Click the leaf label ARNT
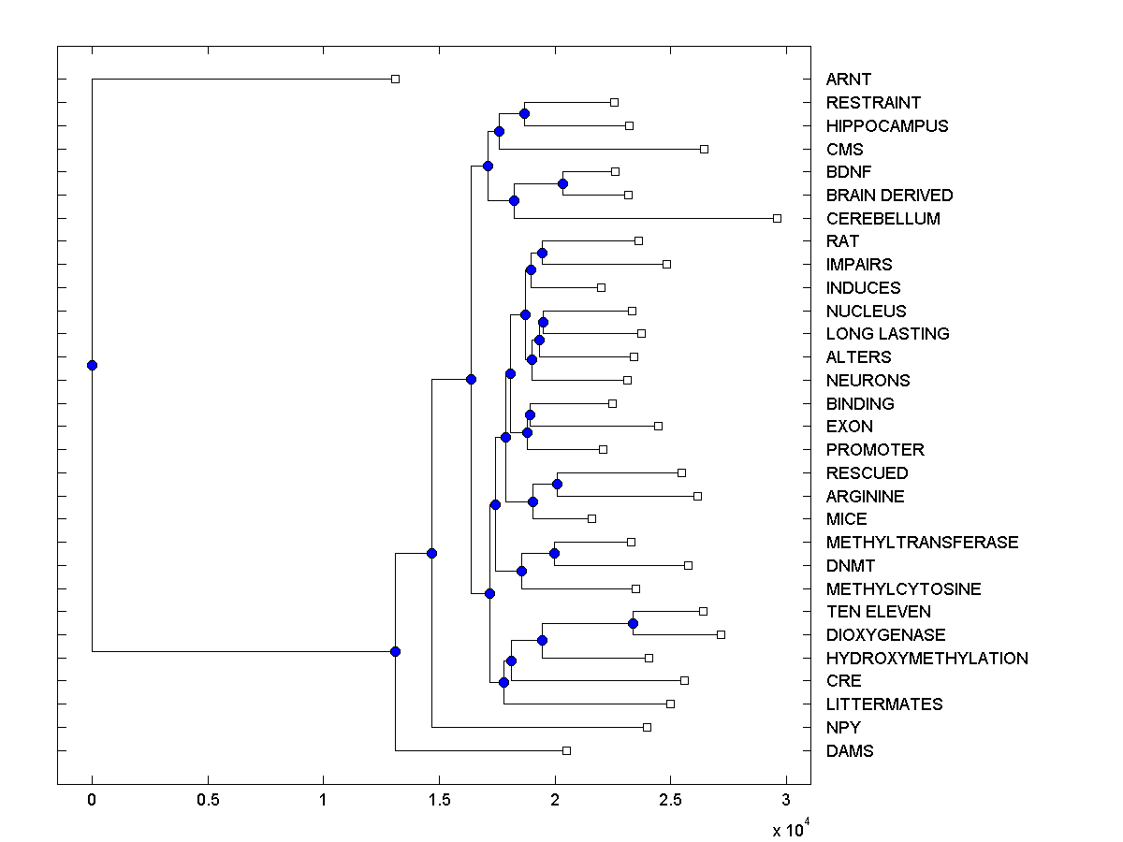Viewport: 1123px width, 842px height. click(x=848, y=80)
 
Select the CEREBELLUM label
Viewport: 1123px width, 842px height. click(x=882, y=218)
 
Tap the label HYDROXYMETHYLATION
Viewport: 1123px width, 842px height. click(x=926, y=658)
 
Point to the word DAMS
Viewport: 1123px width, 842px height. click(x=850, y=750)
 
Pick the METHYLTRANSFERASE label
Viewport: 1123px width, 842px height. click(x=922, y=542)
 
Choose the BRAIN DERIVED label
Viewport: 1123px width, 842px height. click(x=889, y=195)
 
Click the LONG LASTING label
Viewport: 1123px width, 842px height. click(x=887, y=333)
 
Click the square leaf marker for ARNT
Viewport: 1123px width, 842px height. click(x=395, y=80)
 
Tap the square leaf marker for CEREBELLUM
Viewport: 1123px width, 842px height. click(x=777, y=218)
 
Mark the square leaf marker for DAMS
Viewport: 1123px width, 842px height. click(x=566, y=750)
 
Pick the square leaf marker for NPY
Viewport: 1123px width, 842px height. click(x=647, y=727)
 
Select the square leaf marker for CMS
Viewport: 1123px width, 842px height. click(x=705, y=149)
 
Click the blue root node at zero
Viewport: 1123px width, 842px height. click(x=92, y=365)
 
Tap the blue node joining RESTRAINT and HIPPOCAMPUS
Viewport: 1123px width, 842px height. click(x=525, y=114)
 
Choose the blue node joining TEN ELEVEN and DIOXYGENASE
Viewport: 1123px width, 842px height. click(x=633, y=623)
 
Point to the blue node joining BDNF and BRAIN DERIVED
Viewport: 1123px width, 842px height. click(x=562, y=183)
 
